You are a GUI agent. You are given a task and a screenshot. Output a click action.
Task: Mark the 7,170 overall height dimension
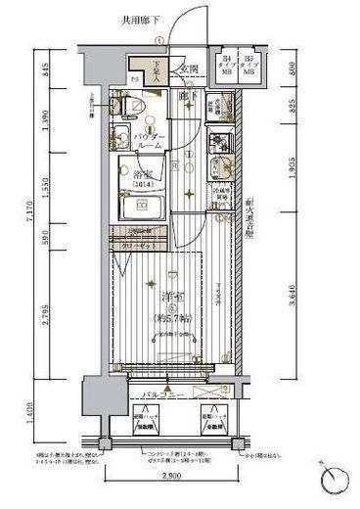(x=29, y=236)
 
